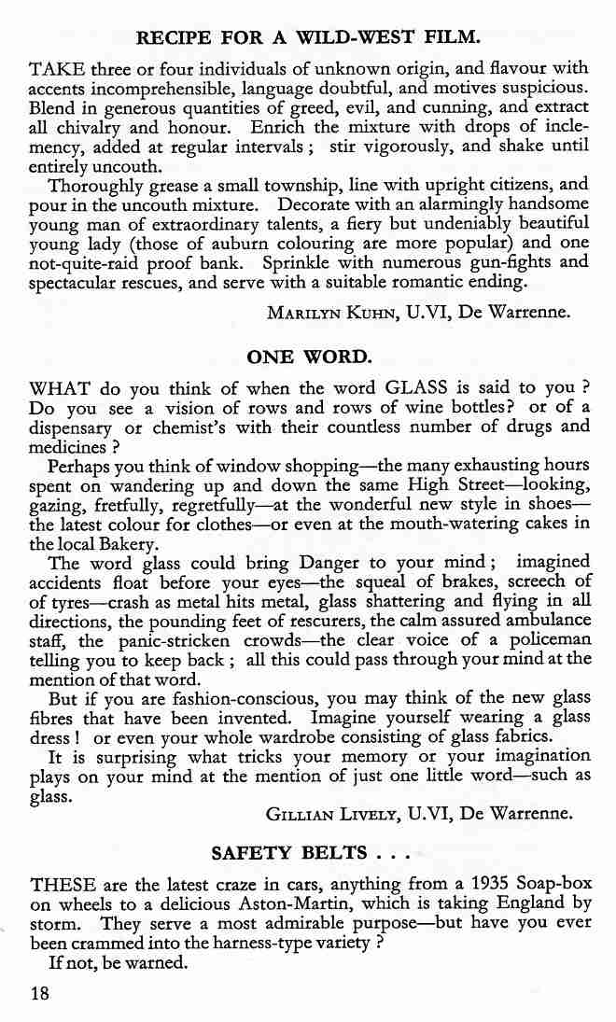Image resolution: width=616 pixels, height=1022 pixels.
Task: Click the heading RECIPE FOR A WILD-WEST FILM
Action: point(308,38)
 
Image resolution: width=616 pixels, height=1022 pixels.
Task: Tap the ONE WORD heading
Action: point(309,357)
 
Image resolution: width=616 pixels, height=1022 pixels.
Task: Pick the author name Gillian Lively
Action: point(334,814)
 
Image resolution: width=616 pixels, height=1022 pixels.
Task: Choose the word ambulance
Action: point(541,621)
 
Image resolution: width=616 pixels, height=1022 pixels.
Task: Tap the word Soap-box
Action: point(557,883)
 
